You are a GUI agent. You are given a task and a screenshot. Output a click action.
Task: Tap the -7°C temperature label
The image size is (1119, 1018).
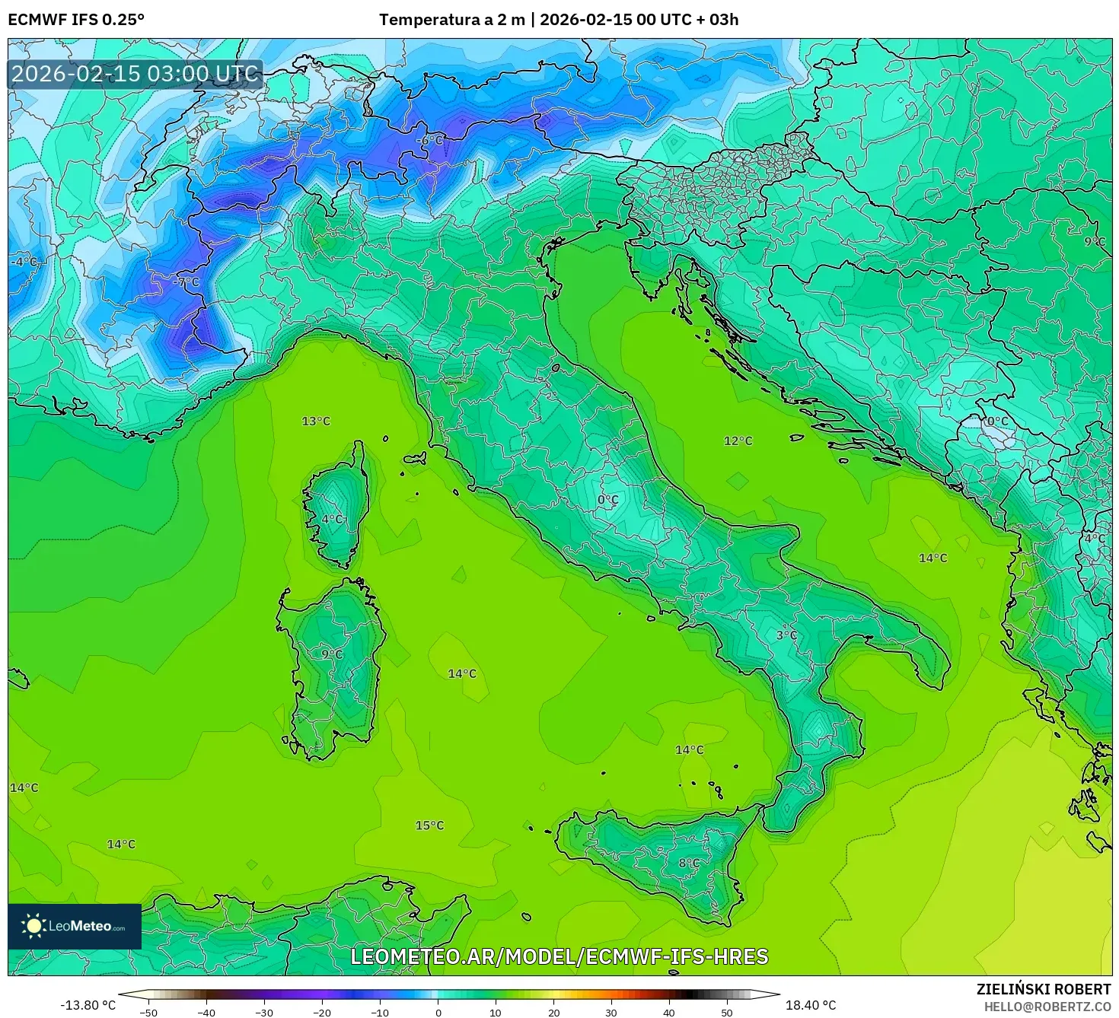coord(186,282)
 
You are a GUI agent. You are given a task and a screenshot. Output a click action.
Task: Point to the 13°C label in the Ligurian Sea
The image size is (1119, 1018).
coord(316,421)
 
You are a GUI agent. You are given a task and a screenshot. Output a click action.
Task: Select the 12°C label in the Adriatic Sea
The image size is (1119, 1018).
coord(738,441)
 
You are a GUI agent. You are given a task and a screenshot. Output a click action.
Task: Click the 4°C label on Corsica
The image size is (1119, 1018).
coord(333,519)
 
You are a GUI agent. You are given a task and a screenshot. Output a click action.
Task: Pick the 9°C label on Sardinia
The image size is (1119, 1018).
coord(332,654)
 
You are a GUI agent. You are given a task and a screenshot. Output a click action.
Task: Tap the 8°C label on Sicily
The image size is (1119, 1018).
coord(689,863)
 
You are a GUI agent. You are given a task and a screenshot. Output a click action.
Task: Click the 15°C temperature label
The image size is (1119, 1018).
coord(429,826)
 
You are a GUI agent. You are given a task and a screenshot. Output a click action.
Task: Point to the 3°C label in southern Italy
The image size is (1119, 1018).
coord(786,635)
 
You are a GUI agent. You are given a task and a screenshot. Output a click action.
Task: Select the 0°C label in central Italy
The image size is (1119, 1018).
coord(607,500)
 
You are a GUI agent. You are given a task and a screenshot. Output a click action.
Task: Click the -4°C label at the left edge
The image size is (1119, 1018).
coord(23,262)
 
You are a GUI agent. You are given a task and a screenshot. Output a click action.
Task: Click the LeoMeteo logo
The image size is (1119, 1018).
coord(75,926)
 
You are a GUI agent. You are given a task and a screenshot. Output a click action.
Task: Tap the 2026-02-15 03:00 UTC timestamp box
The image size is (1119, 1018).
coord(135,74)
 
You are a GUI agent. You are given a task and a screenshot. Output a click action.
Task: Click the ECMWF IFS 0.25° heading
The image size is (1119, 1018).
coord(76,20)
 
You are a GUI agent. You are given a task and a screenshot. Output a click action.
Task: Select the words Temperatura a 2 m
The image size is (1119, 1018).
coord(452,20)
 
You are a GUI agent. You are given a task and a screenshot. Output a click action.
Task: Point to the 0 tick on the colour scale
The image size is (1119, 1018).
coord(438,1012)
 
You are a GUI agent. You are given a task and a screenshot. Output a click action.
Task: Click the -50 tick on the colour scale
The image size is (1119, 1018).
coord(148,1012)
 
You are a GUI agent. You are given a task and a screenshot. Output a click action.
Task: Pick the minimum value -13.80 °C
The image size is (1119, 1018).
coord(88,1005)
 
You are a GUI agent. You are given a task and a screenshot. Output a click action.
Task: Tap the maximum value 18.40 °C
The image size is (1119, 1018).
coord(811,1005)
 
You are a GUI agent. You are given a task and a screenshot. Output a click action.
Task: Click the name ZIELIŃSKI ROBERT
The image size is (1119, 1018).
coord(1044,989)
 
